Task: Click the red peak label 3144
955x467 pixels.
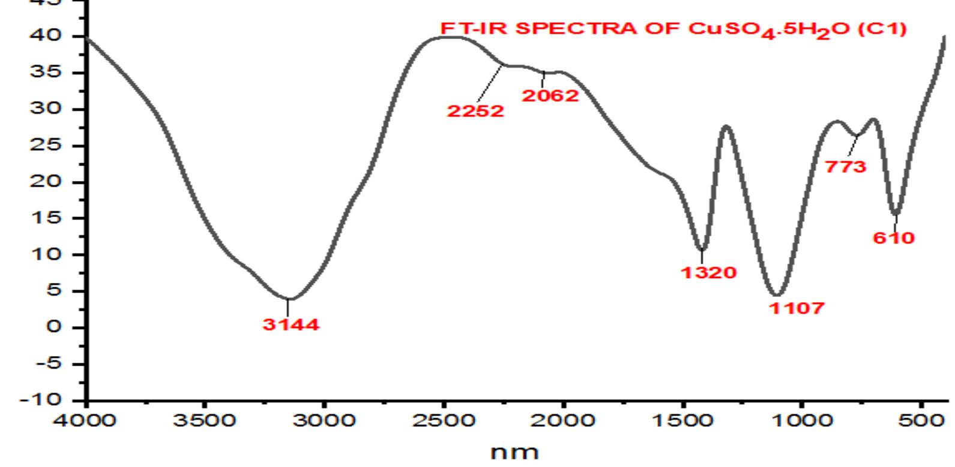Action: (291, 325)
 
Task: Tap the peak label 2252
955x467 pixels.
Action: (475, 111)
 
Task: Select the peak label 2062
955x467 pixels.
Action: (550, 95)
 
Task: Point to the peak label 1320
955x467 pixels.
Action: (708, 273)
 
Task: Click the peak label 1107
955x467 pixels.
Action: (797, 309)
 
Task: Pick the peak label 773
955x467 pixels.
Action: (846, 167)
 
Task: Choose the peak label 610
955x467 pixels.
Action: (894, 238)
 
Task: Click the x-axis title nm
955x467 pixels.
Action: (514, 451)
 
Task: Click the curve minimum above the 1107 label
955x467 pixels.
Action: (777, 294)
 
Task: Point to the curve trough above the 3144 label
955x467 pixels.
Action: (289, 299)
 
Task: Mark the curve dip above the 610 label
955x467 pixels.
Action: (895, 213)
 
